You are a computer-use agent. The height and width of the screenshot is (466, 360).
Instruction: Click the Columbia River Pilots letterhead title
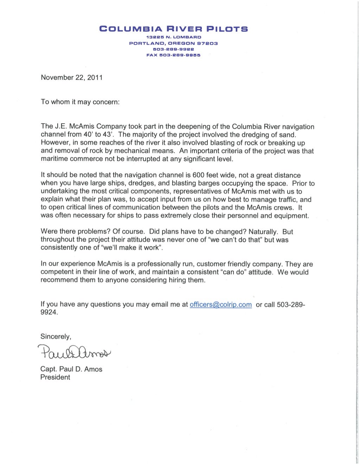[x=174, y=29]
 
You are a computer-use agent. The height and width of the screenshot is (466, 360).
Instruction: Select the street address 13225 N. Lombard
[x=174, y=37]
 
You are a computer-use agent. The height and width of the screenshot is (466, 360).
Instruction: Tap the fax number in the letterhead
[x=173, y=55]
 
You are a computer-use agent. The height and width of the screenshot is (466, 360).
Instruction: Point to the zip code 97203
[x=207, y=43]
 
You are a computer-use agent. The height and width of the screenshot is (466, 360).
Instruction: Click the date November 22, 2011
[x=72, y=78]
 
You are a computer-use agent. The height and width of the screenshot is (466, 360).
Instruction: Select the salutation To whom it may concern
[x=80, y=102]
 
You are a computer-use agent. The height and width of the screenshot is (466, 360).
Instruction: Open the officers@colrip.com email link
[x=220, y=305]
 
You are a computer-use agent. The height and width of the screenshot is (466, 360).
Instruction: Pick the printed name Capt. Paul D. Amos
[x=71, y=369]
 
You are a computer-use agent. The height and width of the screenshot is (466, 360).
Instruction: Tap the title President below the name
[x=55, y=377]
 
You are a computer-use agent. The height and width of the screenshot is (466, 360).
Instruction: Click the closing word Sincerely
[x=56, y=337]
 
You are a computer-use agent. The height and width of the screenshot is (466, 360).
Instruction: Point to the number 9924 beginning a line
[x=48, y=312]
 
